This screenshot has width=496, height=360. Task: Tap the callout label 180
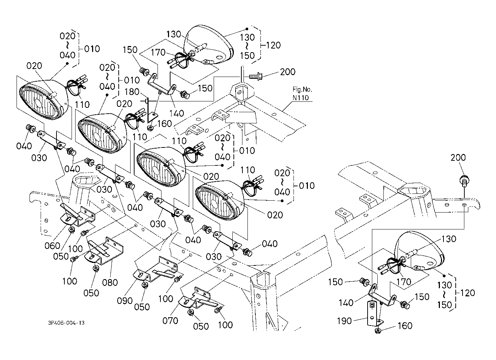click(x=132, y=92)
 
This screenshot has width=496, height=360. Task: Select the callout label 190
click(x=344, y=320)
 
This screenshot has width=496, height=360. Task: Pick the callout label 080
click(x=110, y=282)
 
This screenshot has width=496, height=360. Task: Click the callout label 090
click(x=125, y=300)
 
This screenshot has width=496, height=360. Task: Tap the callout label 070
click(x=170, y=320)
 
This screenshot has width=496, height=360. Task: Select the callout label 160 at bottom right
click(x=405, y=326)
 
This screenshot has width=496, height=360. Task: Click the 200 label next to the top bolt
click(x=287, y=72)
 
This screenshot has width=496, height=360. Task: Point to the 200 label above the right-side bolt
click(x=458, y=158)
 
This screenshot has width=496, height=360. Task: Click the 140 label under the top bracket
click(x=176, y=113)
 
